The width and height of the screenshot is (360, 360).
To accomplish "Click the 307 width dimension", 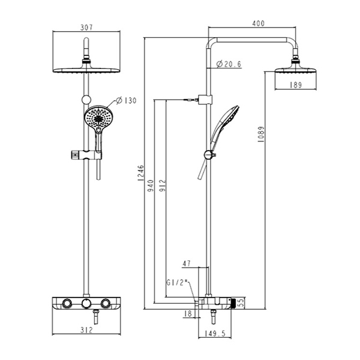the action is tap(86, 28).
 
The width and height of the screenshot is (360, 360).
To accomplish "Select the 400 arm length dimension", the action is tap(258, 23).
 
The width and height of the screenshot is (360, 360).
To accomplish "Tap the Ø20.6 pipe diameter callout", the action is tap(229, 64).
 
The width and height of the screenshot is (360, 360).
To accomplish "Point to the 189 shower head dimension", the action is tap(295, 85).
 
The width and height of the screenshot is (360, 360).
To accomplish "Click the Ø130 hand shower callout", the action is tap(126, 101).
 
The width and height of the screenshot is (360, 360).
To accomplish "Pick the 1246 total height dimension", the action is tap(141, 172).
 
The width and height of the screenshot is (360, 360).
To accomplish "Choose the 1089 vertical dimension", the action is tap(261, 134).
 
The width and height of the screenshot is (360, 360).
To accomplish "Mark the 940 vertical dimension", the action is tap(151, 186).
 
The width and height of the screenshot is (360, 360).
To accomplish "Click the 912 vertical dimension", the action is tap(162, 186).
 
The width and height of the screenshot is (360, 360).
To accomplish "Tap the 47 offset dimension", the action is tap(187, 263).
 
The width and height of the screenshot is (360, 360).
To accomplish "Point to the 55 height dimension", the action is tap(241, 303).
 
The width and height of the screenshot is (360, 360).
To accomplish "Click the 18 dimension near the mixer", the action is tap(188, 313).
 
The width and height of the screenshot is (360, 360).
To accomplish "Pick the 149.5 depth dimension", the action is tap(214, 333).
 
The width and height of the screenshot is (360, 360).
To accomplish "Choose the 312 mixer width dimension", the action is tap(86, 330).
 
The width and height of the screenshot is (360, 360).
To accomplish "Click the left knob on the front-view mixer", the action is tap(67, 303).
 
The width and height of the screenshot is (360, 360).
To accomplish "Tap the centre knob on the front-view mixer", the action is tap(86, 303).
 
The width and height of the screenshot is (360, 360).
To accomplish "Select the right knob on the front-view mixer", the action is tap(106, 303).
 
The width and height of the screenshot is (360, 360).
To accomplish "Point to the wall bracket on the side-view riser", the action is tap(205, 99).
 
